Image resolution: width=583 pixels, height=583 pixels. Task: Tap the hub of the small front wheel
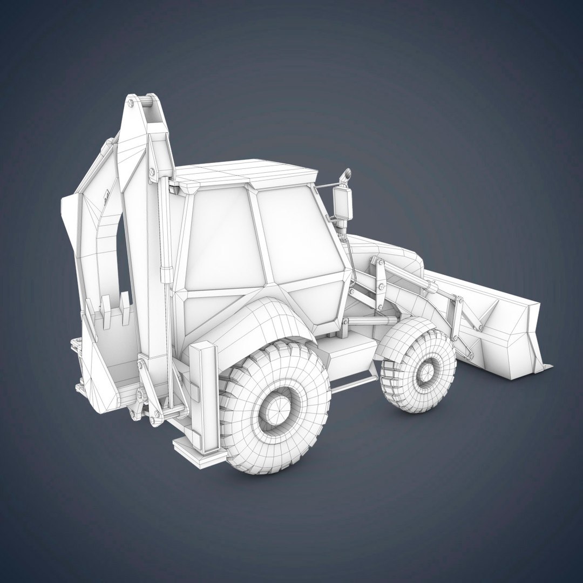[x=426, y=372]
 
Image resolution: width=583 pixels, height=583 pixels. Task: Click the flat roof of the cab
[x=248, y=172]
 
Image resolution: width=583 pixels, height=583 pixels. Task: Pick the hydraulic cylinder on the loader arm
[x=410, y=275]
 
